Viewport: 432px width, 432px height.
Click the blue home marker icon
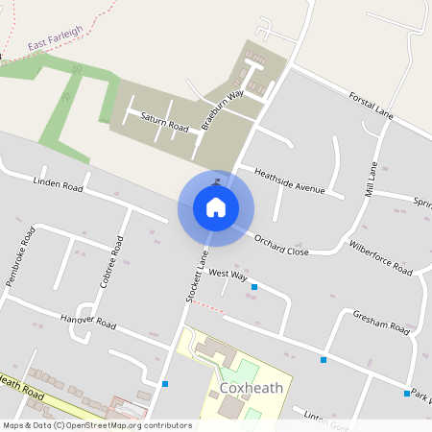pos(216,207)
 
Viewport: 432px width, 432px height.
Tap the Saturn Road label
pos(164,122)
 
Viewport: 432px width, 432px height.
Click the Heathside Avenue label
pos(291,180)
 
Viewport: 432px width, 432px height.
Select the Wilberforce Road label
pos(380,257)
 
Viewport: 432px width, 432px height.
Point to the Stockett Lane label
pos(195,277)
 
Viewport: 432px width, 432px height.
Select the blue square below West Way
pos(254,287)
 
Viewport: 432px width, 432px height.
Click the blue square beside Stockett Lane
pos(166,384)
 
